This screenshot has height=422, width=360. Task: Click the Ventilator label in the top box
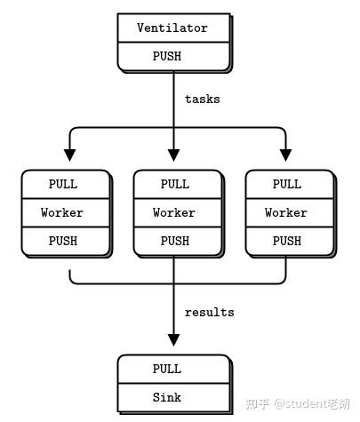point(172,28)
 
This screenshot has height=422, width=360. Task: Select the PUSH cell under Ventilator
point(172,55)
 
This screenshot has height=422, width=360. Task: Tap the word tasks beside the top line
point(202,100)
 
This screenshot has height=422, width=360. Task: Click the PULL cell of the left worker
point(62,184)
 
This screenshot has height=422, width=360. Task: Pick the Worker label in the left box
point(62,212)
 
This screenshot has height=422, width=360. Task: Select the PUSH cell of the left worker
point(62,241)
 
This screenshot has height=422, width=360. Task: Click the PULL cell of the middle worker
point(174,184)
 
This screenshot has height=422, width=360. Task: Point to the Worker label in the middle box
point(174,212)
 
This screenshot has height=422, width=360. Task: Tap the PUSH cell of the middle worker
point(174,241)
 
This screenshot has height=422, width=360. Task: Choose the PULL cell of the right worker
point(286,184)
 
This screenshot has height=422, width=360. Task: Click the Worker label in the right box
point(286,212)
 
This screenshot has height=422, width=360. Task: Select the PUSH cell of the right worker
point(286,241)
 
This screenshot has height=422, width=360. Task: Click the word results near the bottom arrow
point(209,312)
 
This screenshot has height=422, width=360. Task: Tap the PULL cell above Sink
point(167,369)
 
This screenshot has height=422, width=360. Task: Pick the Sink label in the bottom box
point(167,397)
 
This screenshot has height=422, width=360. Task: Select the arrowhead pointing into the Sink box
point(173,339)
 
